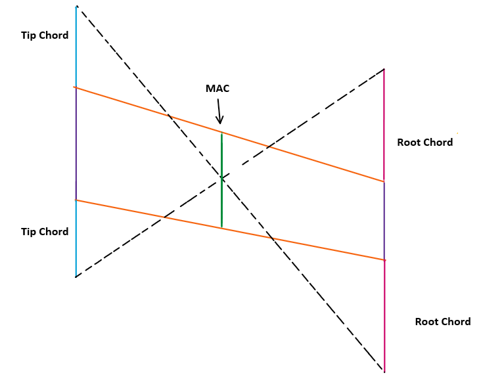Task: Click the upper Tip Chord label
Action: (x=45, y=35)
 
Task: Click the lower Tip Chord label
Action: (x=45, y=232)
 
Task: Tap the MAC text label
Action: (x=218, y=89)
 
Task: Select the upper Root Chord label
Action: (x=424, y=143)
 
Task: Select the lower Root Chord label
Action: (x=442, y=322)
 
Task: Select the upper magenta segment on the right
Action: (x=384, y=125)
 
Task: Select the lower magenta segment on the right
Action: (x=384, y=315)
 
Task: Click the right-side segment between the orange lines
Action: (x=384, y=221)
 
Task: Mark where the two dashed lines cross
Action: (x=221, y=177)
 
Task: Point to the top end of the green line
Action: (x=221, y=134)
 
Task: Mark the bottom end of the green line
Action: (x=221, y=227)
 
